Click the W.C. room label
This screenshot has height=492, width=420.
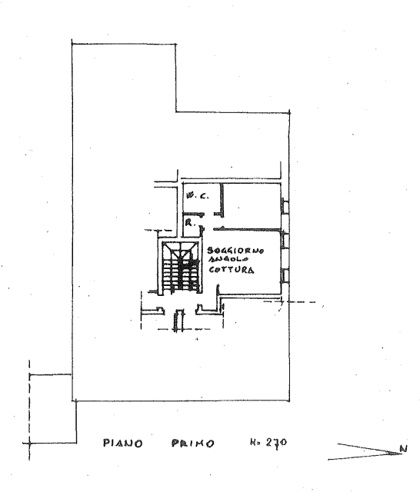[x=197, y=196]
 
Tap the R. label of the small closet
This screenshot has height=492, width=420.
[x=190, y=223]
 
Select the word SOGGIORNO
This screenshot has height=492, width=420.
[x=235, y=251]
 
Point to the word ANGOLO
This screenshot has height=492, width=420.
[x=228, y=259]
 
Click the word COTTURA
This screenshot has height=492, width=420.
[x=232, y=270]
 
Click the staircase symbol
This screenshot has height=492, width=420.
[x=181, y=268]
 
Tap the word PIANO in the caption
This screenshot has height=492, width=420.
[x=123, y=443]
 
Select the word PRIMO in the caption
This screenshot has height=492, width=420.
[x=193, y=443]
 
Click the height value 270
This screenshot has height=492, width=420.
[x=276, y=443]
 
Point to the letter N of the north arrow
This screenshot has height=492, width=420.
[x=404, y=449]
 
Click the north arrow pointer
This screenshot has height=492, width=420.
[x=365, y=452]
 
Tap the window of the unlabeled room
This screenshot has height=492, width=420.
[x=285, y=206]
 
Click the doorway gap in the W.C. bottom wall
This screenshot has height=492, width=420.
[x=209, y=214]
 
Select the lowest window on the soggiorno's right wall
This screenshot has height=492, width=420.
[x=285, y=275]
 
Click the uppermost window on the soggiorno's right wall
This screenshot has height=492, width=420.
[x=285, y=241]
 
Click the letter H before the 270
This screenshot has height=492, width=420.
[x=253, y=443]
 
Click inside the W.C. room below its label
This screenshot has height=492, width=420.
[x=201, y=206]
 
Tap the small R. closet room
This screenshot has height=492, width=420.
[x=192, y=226]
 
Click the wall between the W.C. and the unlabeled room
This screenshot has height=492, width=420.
[x=222, y=200]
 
